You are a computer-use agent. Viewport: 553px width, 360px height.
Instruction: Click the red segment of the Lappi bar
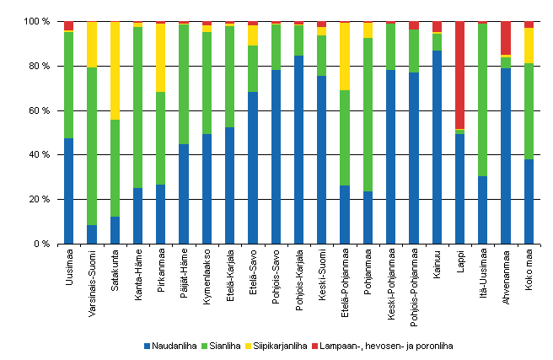459,75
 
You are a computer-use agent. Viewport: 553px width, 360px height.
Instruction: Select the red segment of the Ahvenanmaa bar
506,38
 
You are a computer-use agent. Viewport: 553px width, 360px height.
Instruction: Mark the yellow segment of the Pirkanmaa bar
161,57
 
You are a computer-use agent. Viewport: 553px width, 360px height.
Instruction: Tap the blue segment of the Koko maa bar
529,201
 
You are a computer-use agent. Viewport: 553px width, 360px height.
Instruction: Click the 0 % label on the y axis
46,244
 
